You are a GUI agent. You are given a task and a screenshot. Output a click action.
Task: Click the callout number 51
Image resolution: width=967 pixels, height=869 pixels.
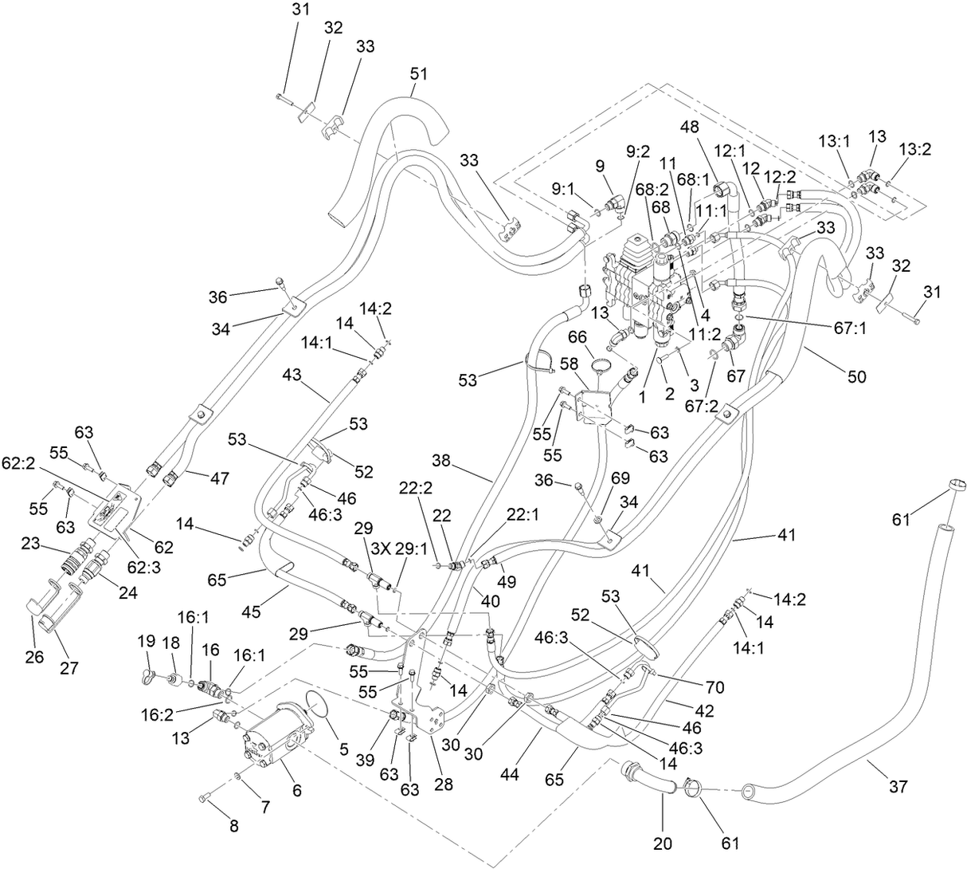pos(419,74)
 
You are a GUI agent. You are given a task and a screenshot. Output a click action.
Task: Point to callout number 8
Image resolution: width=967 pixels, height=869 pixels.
pos(233,826)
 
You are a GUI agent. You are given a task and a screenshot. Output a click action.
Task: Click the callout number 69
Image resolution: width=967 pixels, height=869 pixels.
pos(621,478)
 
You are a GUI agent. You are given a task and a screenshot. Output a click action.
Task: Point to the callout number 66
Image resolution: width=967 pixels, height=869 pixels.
pos(577,336)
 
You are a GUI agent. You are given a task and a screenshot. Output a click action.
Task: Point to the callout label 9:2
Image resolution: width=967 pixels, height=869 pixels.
pos(639,149)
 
